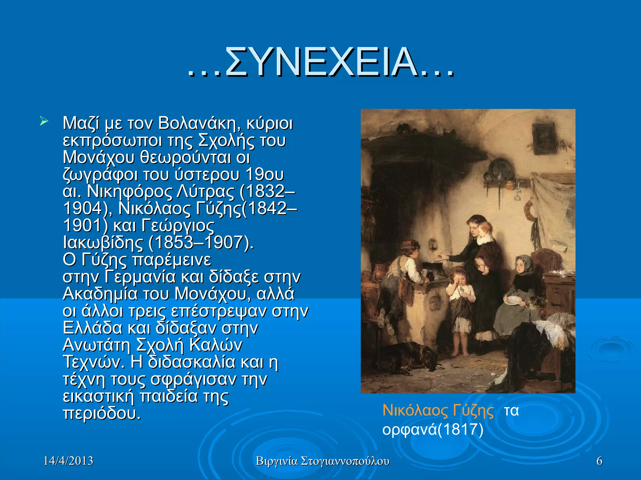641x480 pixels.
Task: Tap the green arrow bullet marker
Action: [x=44, y=121]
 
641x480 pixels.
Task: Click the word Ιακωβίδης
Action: [x=103, y=242]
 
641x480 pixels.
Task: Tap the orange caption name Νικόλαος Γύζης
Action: [x=438, y=410]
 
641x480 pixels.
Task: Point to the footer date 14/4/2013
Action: [x=68, y=461]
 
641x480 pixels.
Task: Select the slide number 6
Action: [x=599, y=461]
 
